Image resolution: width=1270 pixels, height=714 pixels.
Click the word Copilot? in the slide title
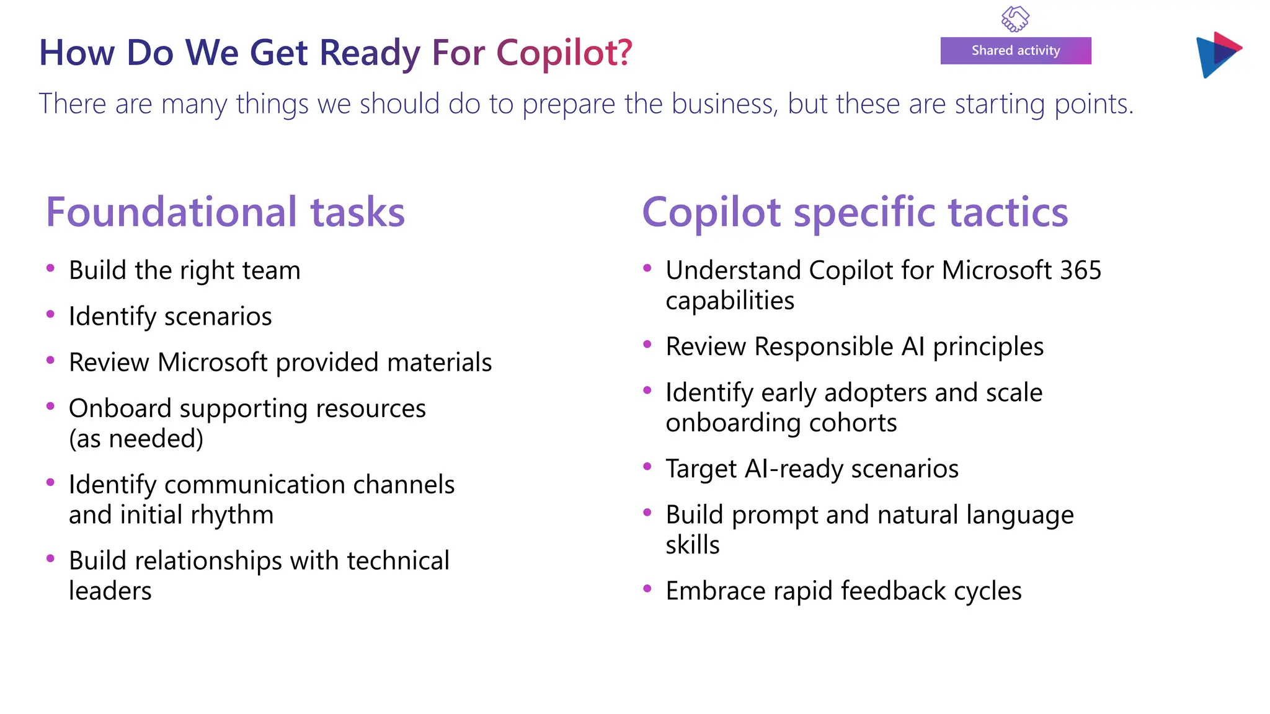pyautogui.click(x=564, y=53)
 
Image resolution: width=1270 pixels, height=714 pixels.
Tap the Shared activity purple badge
pyautogui.click(x=1015, y=51)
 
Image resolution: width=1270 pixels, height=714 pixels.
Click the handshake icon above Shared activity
pyautogui.click(x=1015, y=19)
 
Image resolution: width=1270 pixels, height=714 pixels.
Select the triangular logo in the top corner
pyautogui.click(x=1217, y=55)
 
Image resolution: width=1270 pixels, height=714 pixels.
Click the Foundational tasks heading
pyautogui.click(x=225, y=212)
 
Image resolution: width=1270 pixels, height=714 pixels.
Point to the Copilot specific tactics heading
pyautogui.click(x=855, y=212)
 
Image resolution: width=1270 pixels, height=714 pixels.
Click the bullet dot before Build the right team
pyautogui.click(x=51, y=268)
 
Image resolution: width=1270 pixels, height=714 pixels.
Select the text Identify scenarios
pyautogui.click(x=170, y=317)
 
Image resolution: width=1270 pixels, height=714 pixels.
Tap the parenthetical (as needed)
pyautogui.click(x=136, y=439)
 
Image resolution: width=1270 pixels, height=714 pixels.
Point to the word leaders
pyautogui.click(x=110, y=591)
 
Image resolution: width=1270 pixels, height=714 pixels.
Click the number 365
pyautogui.click(x=1080, y=270)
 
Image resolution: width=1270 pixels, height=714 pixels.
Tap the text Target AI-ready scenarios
pyautogui.click(x=812, y=469)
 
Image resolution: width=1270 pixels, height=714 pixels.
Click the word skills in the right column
pyautogui.click(x=692, y=545)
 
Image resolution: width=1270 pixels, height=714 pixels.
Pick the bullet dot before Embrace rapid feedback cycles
pyautogui.click(x=647, y=589)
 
